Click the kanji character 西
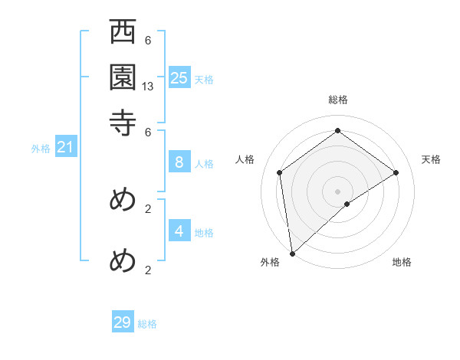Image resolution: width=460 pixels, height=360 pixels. click(x=123, y=34)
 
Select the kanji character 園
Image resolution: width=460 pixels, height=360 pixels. click(x=123, y=77)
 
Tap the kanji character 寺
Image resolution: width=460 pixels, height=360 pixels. click(x=123, y=122)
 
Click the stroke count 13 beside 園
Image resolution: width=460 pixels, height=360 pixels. click(x=148, y=87)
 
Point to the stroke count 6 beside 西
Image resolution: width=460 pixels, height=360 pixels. click(x=148, y=41)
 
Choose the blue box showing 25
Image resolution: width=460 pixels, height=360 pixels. click(x=179, y=77)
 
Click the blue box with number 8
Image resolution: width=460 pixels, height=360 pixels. click(x=179, y=162)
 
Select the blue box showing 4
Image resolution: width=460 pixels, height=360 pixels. click(x=179, y=231)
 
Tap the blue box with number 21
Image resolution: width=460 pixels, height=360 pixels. click(x=65, y=147)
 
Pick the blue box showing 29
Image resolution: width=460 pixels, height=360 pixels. click(x=123, y=322)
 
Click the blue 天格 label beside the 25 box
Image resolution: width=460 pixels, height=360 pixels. click(x=204, y=80)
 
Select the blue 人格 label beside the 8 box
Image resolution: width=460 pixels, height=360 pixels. click(x=204, y=164)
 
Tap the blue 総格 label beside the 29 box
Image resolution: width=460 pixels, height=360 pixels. click(x=148, y=325)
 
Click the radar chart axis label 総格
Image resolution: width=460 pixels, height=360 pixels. click(x=338, y=100)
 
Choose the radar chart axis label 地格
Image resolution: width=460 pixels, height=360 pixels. click(x=402, y=263)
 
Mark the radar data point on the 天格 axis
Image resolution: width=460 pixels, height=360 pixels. click(x=396, y=172)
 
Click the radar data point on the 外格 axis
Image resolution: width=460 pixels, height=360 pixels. click(x=292, y=254)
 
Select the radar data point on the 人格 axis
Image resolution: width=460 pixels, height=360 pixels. click(x=280, y=172)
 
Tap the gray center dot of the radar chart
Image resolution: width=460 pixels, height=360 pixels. click(x=338, y=191)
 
